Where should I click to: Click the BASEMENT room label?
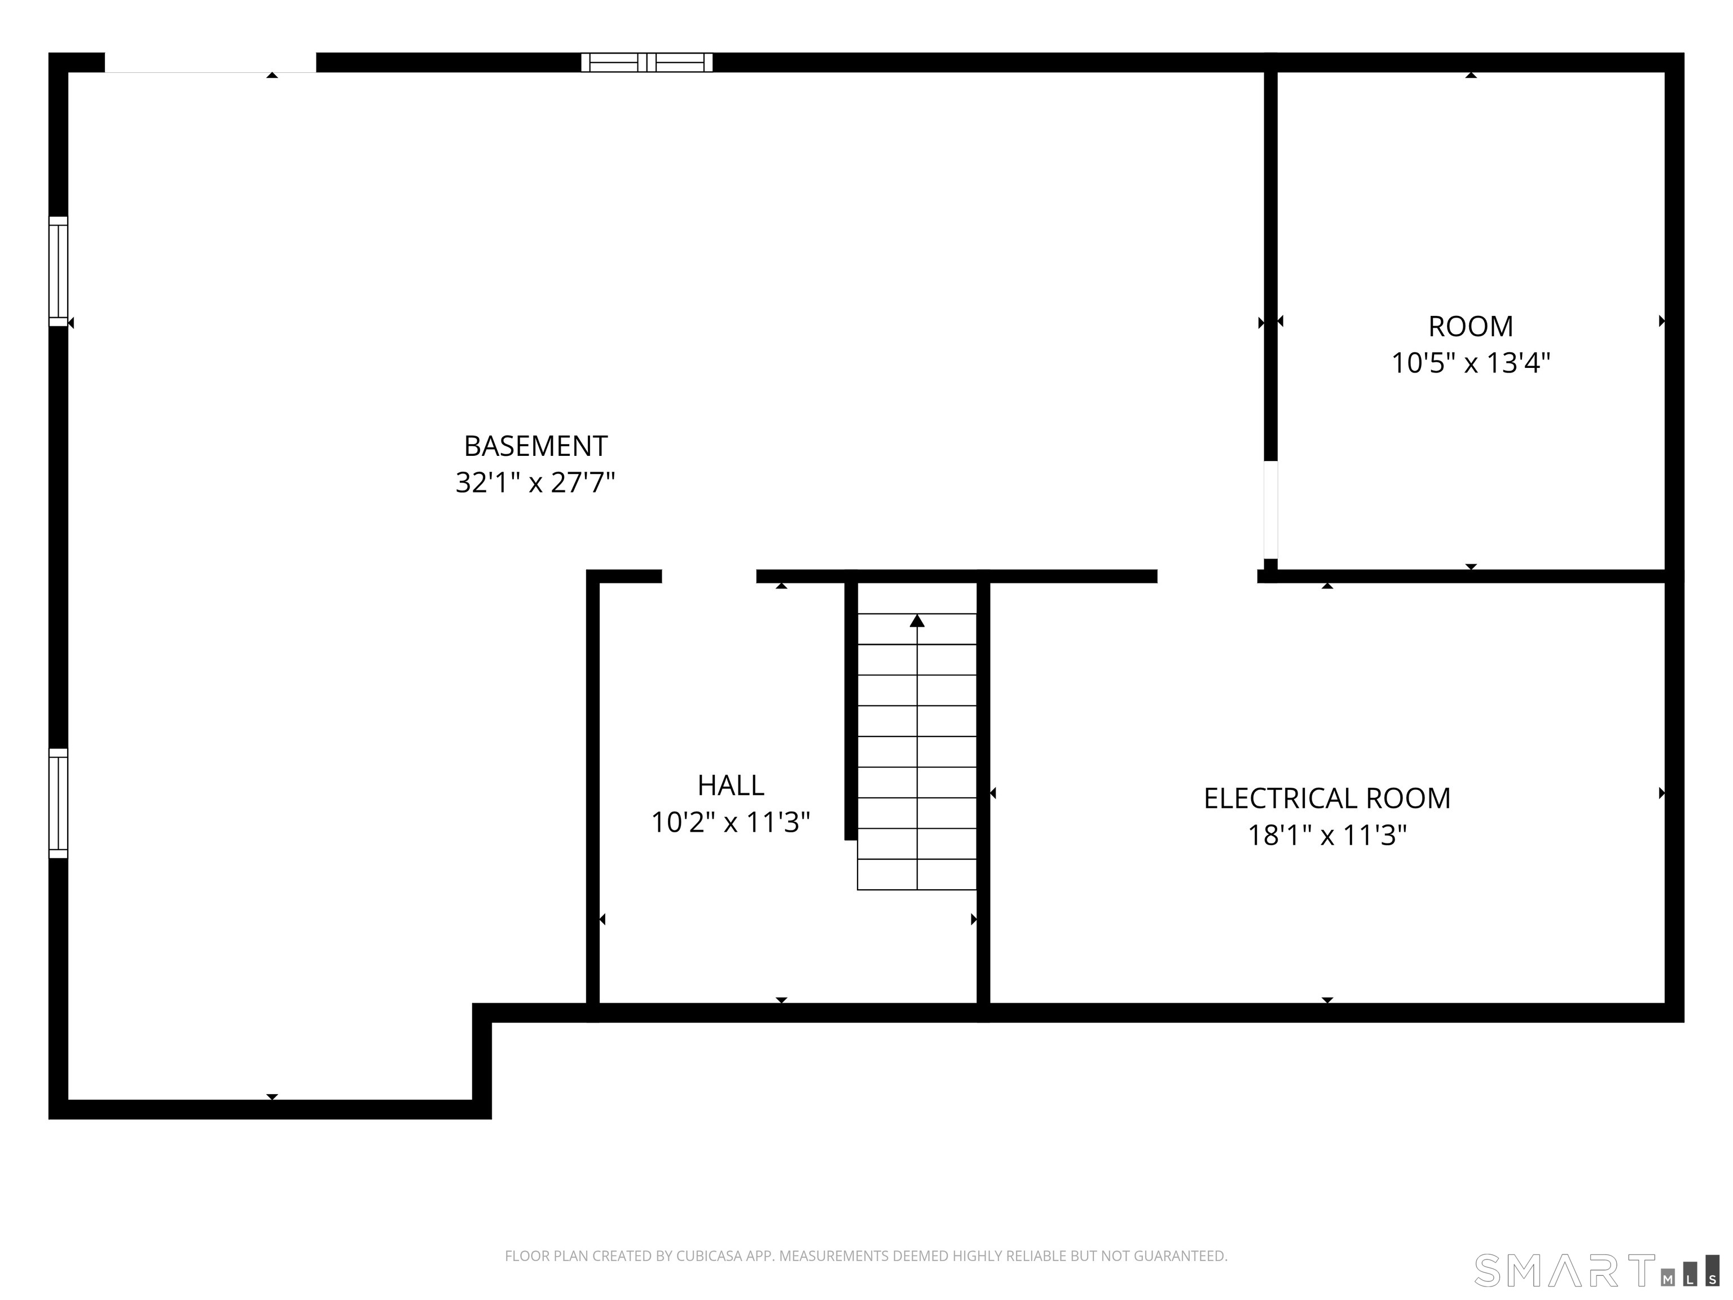click(x=535, y=446)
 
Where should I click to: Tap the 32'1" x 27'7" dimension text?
click(x=535, y=482)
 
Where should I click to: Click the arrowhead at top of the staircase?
click(x=917, y=621)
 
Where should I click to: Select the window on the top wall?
click(x=646, y=62)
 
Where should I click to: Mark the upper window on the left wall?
click(x=58, y=271)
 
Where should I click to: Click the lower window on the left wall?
click(x=58, y=803)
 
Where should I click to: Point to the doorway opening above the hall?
click(x=709, y=577)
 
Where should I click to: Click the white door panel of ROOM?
click(x=1271, y=510)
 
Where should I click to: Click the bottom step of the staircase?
click(x=917, y=875)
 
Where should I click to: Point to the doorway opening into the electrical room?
click(x=1207, y=577)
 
